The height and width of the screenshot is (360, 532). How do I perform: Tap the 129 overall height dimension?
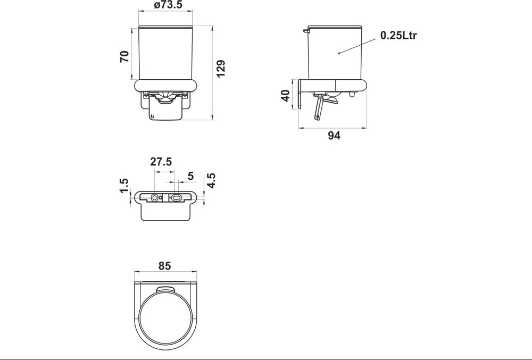click(222, 69)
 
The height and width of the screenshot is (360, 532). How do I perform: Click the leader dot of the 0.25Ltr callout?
click(339, 53)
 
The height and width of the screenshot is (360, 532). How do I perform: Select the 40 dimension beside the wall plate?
click(285, 96)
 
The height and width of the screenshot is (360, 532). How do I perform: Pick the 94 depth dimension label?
click(334, 136)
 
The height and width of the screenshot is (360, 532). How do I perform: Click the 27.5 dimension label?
click(161, 163)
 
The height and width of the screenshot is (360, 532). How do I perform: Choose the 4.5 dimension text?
click(211, 181)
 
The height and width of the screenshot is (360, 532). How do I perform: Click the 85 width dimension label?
click(164, 266)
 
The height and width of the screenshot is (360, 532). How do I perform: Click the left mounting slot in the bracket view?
click(155, 197)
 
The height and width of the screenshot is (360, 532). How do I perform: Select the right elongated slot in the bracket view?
click(176, 197)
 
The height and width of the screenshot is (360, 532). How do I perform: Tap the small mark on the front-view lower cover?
click(153, 116)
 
